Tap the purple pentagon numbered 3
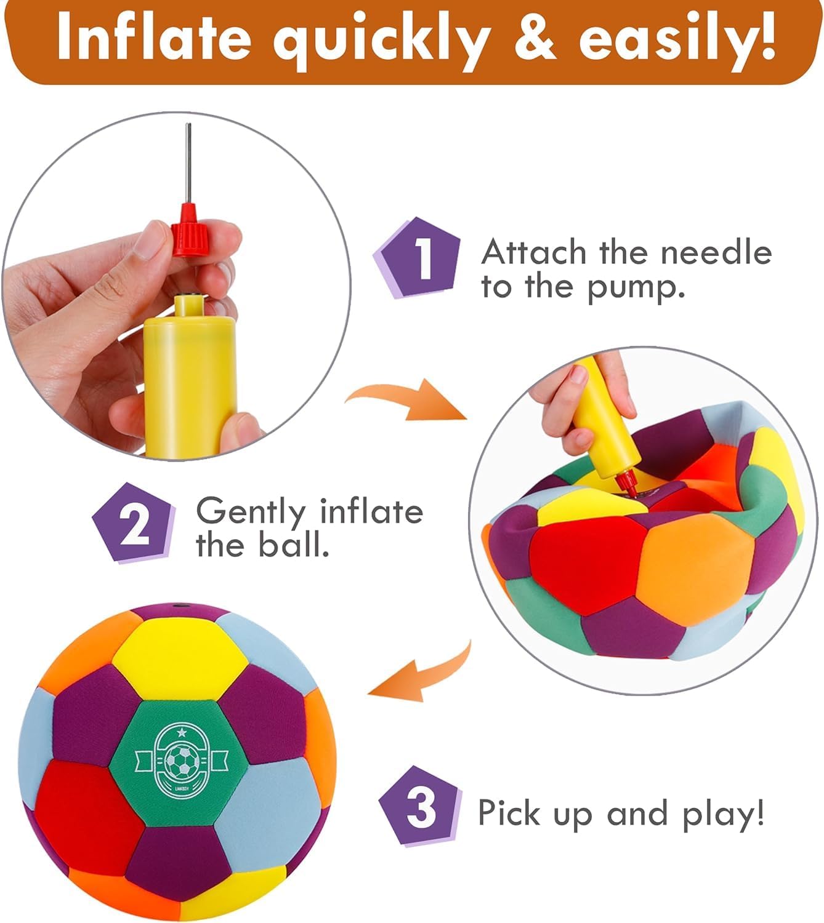(420, 805)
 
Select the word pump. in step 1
(637, 288)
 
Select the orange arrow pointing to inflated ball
(422, 671)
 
